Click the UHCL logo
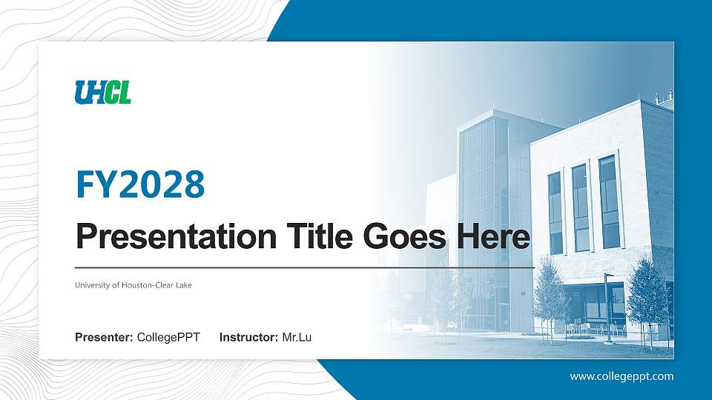pos(103,92)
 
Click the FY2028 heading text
pos(140,184)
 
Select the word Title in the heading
pos(310,236)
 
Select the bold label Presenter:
pos(104,338)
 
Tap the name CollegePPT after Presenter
pos(168,338)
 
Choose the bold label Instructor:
pos(249,338)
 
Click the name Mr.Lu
pos(297,338)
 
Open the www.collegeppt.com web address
pos(622,376)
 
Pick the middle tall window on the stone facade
pos(581,207)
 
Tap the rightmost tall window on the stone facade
pos(609,201)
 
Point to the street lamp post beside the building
pos(607,307)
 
